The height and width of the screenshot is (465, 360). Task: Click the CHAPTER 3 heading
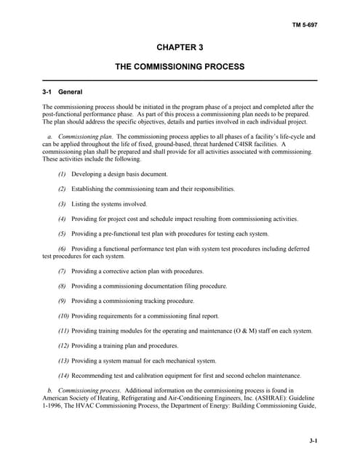coord(180,47)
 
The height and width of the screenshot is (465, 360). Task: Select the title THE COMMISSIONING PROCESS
coord(180,66)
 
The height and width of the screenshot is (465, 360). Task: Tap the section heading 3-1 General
coord(62,92)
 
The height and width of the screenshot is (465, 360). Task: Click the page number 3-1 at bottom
coord(313,440)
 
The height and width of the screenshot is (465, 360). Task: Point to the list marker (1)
coord(62,174)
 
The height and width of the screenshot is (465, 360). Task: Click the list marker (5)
coord(62,234)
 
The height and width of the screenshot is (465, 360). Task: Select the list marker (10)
coord(63,316)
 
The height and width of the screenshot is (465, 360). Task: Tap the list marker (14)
coord(63,376)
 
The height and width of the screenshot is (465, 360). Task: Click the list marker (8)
coord(62,286)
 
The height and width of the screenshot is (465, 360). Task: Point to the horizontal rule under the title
coord(180,79)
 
